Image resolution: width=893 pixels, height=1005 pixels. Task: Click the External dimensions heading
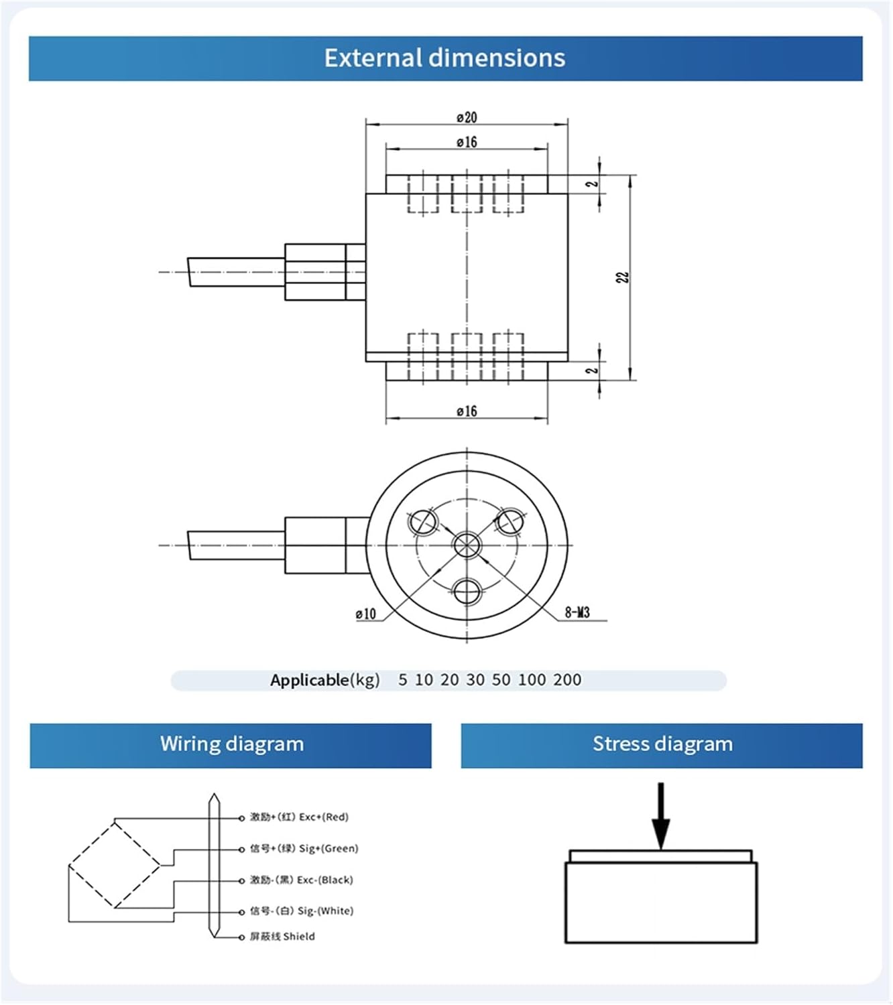[x=444, y=58]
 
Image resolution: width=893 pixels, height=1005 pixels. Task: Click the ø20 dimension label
[x=467, y=117]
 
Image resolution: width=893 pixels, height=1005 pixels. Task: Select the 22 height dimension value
[x=623, y=277]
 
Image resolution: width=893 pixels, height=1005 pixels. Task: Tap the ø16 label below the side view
[x=467, y=411]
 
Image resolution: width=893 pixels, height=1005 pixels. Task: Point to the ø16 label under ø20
[x=467, y=142]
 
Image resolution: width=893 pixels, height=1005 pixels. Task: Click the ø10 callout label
[x=366, y=614]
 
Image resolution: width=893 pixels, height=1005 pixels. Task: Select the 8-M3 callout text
[x=577, y=612]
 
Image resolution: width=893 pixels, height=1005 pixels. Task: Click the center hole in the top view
[x=467, y=545]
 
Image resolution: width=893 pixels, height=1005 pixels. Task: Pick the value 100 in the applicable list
[x=532, y=680]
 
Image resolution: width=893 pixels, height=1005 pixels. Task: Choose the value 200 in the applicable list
[x=567, y=680]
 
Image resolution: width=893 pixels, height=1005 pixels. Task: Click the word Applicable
[x=310, y=680]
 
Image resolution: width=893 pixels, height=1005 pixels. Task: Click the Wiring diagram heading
[x=231, y=744]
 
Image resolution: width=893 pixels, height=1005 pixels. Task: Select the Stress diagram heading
[x=662, y=744]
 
